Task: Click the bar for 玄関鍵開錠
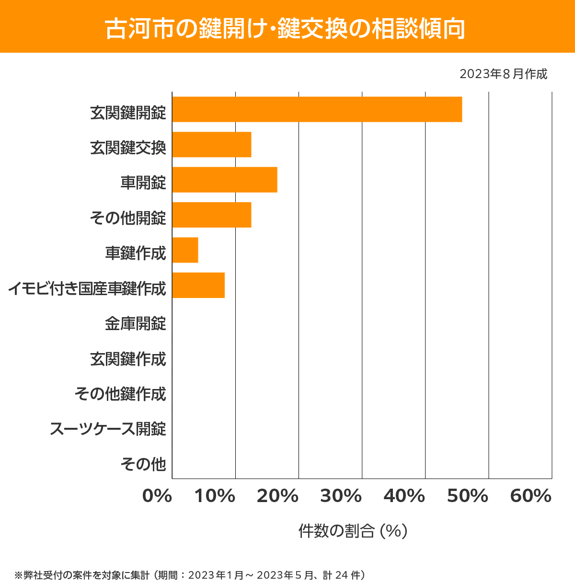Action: [317, 109]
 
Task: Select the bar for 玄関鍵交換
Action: [212, 144]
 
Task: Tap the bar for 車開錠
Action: [225, 180]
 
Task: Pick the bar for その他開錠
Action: [212, 215]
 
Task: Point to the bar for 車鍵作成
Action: [185, 250]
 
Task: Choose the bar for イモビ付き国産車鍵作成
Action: [198, 285]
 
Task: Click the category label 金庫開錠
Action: [136, 324]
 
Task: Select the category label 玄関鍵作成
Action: [128, 359]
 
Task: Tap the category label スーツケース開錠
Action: [108, 429]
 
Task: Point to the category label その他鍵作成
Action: [120, 394]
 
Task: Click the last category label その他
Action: [143, 464]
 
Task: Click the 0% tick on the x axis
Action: [157, 496]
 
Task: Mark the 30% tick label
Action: [341, 496]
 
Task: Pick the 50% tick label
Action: [468, 496]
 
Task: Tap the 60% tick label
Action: [531, 496]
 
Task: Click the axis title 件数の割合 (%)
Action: [353, 531]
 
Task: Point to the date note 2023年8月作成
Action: [503, 74]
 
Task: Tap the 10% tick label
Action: [215, 496]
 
